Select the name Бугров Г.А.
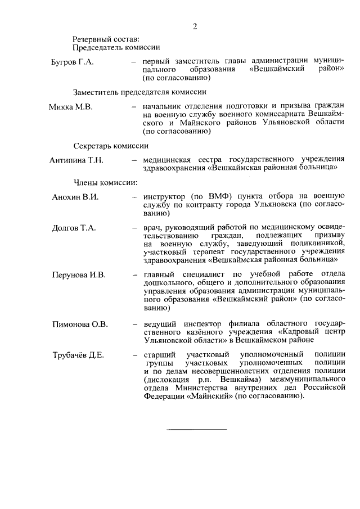[x=73, y=61]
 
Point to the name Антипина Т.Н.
[x=76, y=160]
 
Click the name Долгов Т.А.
[x=74, y=228]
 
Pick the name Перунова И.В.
[x=79, y=275]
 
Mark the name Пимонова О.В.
[x=80, y=324]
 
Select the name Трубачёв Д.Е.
[x=78, y=355]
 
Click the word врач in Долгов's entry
[x=153, y=228]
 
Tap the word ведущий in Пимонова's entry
[x=160, y=324]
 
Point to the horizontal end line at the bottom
[x=196, y=430]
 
